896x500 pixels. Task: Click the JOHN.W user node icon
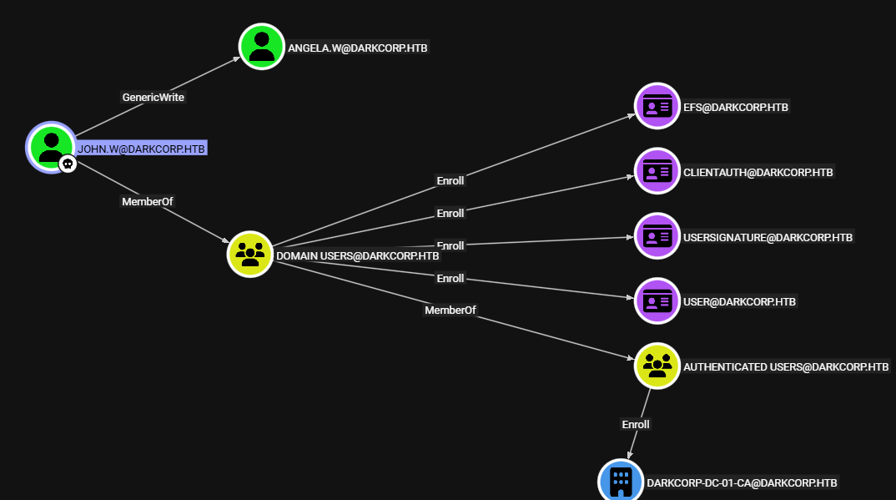click(51, 145)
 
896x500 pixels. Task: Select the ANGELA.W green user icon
click(262, 46)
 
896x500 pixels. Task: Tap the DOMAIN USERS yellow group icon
click(249, 254)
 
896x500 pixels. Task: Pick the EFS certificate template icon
click(657, 106)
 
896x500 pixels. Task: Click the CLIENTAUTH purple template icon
click(657, 171)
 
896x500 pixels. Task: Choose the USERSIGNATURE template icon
click(657, 236)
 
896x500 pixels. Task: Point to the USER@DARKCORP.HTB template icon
click(657, 301)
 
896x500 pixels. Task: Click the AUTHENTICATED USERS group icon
click(657, 366)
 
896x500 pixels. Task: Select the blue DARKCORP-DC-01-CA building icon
click(621, 481)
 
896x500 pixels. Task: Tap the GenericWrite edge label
click(154, 97)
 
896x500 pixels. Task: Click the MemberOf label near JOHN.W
click(148, 201)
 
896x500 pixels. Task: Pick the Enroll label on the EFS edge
click(451, 180)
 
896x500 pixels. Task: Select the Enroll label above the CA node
click(636, 424)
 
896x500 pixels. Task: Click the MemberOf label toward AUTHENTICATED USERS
click(450, 311)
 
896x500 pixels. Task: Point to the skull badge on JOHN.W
click(68, 164)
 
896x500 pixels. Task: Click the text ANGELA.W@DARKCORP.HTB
click(357, 48)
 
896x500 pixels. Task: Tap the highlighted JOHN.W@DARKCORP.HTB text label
click(141, 149)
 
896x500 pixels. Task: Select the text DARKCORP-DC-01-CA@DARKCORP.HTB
click(742, 482)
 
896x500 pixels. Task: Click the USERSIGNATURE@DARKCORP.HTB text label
click(768, 237)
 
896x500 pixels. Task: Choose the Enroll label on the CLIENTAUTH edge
click(451, 213)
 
